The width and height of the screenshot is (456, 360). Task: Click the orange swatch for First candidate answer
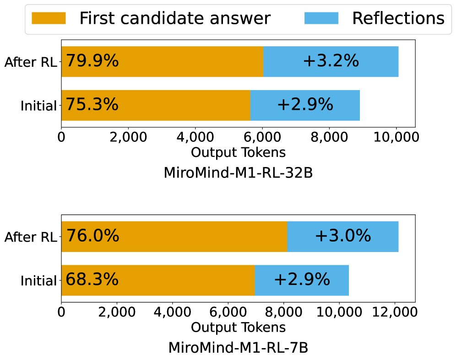49,18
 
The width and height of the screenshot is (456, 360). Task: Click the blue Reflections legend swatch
321,18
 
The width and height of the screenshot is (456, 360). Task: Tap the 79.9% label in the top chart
92,61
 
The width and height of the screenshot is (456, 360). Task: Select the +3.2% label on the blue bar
331,61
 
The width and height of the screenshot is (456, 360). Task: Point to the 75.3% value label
92,105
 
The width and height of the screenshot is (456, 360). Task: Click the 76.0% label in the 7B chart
93,236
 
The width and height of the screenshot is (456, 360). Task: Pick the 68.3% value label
92,279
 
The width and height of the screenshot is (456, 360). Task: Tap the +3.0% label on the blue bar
342,236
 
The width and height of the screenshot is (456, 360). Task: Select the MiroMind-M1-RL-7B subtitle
238,348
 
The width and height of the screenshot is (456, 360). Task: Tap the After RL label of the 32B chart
30,62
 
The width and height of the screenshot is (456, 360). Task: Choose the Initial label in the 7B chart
38,281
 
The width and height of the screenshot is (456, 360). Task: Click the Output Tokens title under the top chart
238,152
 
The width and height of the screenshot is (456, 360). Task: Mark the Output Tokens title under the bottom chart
238,328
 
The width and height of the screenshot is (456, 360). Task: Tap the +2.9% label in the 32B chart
305,105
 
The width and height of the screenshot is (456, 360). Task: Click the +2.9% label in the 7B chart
302,279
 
